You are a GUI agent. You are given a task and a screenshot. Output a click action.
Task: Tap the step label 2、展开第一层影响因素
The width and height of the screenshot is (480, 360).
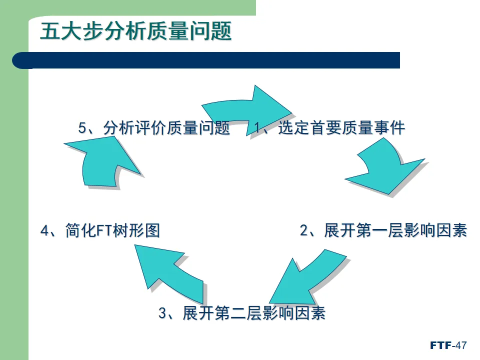(383, 230)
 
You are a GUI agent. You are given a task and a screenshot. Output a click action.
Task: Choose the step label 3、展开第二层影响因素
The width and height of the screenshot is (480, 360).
(242, 313)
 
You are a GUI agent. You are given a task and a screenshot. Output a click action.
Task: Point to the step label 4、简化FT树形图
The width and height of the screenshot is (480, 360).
(100, 231)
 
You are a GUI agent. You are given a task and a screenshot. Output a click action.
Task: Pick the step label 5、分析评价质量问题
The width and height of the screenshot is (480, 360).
(154, 128)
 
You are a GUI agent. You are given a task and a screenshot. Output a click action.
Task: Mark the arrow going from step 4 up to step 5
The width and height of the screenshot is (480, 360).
(102, 160)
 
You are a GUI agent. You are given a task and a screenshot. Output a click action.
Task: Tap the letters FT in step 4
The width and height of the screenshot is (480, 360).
(104, 231)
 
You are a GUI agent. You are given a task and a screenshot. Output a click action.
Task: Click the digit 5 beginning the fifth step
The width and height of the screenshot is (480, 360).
(82, 128)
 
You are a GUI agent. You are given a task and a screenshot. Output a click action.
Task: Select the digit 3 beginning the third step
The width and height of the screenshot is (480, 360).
(162, 313)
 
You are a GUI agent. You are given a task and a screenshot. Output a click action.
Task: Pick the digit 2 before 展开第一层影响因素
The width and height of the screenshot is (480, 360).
(304, 230)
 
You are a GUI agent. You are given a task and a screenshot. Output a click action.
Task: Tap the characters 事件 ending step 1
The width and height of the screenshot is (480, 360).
(389, 128)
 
